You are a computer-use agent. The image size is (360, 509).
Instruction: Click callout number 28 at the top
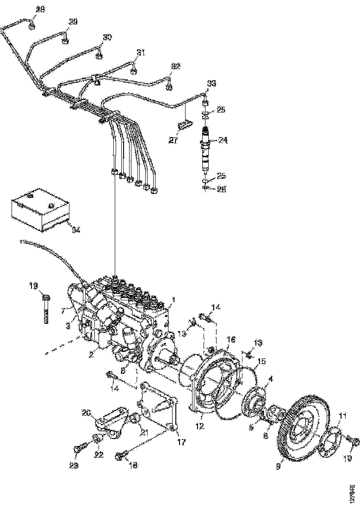41,10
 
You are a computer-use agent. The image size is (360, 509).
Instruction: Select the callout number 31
141,53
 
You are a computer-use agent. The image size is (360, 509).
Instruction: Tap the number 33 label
211,83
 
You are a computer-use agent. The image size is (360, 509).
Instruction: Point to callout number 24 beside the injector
223,139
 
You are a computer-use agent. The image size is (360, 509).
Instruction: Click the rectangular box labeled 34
39,211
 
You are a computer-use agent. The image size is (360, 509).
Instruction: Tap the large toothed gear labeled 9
301,426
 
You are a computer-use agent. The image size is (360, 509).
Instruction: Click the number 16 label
231,340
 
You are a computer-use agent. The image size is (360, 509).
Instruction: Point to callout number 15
261,361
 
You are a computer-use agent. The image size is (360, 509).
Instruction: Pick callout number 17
181,442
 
